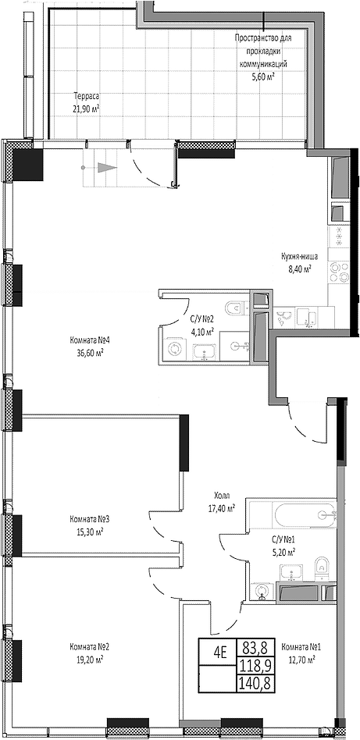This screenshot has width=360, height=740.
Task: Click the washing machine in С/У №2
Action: tap(176, 350)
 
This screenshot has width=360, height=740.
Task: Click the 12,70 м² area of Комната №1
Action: tap(299, 659)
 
